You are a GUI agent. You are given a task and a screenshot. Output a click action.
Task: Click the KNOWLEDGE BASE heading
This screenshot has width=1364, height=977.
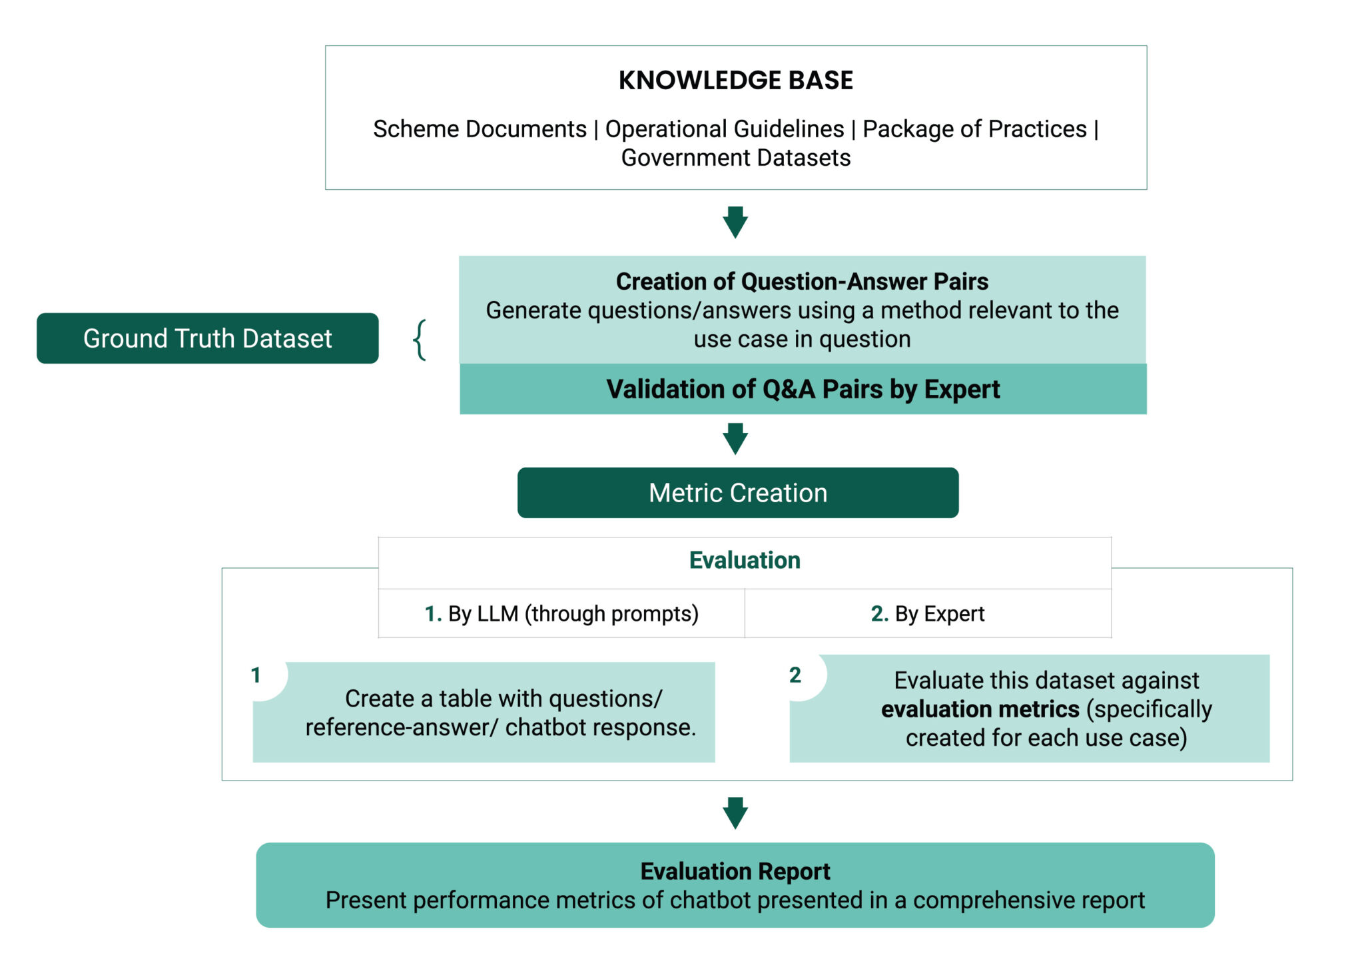pos(735,81)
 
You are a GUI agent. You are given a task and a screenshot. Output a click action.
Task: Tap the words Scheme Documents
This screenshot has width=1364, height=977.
pos(480,129)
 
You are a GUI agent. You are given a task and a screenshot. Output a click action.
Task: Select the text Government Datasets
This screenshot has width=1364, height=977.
pos(735,158)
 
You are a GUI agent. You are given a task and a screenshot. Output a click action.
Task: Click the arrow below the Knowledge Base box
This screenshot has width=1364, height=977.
pos(735,222)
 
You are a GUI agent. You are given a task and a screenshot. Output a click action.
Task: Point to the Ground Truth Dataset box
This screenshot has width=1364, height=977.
pos(207,338)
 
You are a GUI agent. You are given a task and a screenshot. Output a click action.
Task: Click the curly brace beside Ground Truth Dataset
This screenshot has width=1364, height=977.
pos(420,340)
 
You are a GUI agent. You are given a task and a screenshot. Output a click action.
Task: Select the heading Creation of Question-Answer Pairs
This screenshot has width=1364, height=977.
pos(802,282)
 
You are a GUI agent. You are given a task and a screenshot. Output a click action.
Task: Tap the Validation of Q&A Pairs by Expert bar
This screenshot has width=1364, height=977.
pos(803,389)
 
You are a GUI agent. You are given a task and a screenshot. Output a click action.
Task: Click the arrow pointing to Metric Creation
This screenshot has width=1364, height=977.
pos(735,438)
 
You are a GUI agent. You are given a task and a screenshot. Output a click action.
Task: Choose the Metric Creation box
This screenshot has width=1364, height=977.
pos(738,493)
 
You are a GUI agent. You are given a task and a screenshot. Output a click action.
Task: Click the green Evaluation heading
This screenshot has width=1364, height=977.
pos(745,560)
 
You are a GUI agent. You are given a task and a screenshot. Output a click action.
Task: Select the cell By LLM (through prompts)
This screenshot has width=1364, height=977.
pos(561,613)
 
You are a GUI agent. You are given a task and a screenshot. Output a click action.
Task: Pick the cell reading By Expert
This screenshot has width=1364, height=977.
pos(927,613)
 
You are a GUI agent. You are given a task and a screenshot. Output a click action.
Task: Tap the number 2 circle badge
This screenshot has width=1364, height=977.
pos(795,675)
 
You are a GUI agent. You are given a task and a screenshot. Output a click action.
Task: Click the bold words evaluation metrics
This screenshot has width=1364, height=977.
pos(980,709)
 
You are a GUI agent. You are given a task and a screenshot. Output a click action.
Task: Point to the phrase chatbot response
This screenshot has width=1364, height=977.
pos(600,727)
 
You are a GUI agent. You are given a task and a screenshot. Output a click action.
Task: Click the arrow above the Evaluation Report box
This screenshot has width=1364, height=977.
pos(735,813)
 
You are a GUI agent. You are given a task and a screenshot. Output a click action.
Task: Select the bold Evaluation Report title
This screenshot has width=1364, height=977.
pos(735,871)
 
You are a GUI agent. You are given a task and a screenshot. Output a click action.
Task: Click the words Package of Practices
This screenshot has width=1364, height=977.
pos(974,129)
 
